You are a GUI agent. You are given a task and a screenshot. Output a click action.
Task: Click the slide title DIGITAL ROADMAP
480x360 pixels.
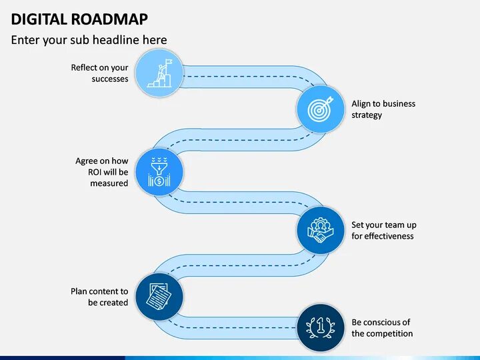tap(80, 18)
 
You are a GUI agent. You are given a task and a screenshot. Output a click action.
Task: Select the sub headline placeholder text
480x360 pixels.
tap(89, 40)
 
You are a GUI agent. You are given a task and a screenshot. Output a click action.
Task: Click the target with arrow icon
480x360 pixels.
tap(321, 109)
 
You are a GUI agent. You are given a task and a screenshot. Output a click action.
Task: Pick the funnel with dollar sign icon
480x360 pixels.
tap(159, 172)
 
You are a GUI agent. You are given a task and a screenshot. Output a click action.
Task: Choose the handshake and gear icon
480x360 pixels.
tap(321, 230)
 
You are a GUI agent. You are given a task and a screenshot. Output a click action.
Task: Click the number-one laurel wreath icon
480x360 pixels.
tap(321, 327)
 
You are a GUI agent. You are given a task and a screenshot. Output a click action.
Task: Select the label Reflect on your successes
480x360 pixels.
tap(100, 73)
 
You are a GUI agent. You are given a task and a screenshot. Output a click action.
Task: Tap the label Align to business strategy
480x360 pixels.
tap(383, 109)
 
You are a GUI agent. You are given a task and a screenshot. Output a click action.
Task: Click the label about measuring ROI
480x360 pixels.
tap(102, 172)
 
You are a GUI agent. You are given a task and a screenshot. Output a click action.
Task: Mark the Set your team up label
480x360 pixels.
tap(384, 231)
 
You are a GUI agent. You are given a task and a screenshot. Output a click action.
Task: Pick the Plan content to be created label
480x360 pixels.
tap(100, 297)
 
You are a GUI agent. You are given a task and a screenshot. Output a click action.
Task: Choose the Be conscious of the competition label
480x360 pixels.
tap(382, 328)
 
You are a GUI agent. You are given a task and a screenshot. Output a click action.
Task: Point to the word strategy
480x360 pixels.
tap(367, 115)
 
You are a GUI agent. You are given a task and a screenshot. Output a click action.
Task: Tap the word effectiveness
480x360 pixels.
tap(389, 237)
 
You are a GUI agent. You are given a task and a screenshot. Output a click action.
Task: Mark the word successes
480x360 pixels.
tap(110, 79)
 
